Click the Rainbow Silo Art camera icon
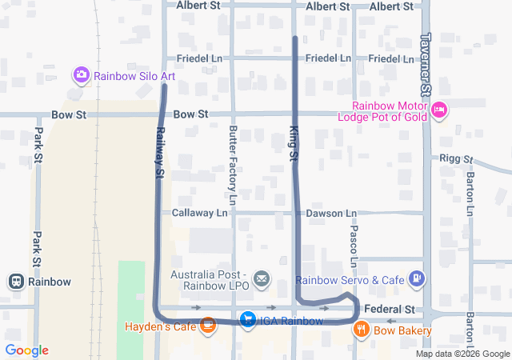[x=81, y=76]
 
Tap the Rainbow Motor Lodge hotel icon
[x=438, y=110]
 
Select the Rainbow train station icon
[x=15, y=282]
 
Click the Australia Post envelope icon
[x=261, y=278]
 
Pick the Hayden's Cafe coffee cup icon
[x=208, y=325]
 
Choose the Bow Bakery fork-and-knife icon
[x=362, y=329]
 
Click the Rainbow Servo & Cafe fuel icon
[x=416, y=278]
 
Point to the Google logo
[x=26, y=350]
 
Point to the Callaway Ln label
[x=200, y=214]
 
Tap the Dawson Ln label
[x=331, y=214]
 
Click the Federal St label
[x=390, y=309]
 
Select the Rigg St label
[x=456, y=159]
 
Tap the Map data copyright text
[x=462, y=354]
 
